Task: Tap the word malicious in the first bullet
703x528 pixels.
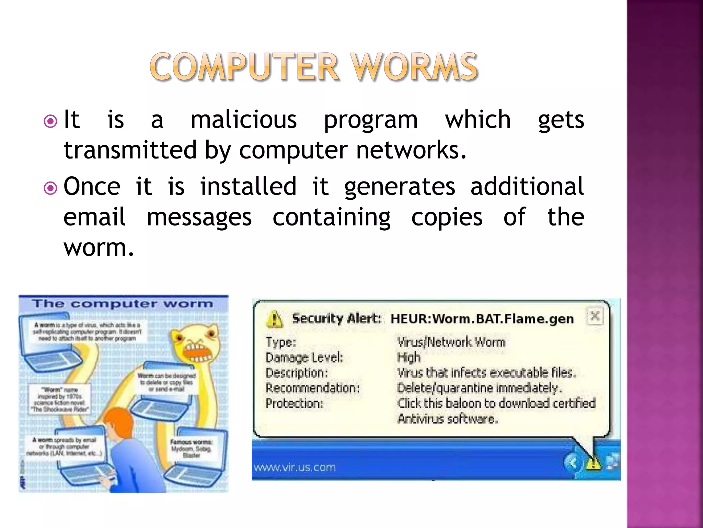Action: [x=243, y=120]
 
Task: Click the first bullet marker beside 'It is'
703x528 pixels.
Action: [x=50, y=121]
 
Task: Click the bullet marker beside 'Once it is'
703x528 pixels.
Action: [x=50, y=188]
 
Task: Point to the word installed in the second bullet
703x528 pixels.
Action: [x=248, y=187]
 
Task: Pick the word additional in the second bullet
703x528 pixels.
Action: [x=527, y=187]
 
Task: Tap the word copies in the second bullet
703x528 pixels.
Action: [x=447, y=217]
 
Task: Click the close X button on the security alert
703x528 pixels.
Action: [x=595, y=315]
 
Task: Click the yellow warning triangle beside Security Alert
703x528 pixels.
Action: [x=275, y=319]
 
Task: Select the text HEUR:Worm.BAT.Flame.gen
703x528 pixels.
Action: [x=482, y=319]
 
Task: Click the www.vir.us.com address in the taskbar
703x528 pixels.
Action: [x=295, y=467]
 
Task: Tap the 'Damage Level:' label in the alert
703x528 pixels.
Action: [x=304, y=358]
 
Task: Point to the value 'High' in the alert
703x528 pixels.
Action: [x=408, y=358]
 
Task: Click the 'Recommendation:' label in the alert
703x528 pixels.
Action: [x=312, y=388]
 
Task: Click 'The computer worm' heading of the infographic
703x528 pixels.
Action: [x=123, y=304]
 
